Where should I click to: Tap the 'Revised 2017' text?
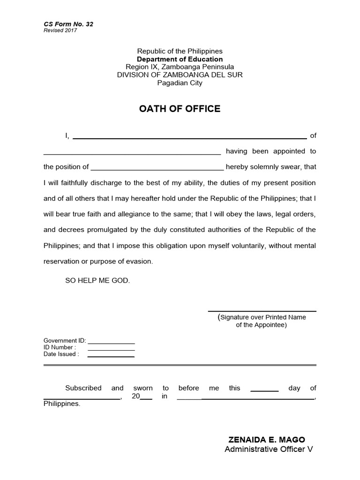tap(60, 30)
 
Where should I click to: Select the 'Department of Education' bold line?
tap(180, 59)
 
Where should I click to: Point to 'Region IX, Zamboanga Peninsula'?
tap(180, 67)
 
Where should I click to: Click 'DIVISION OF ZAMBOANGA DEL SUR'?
tap(180, 75)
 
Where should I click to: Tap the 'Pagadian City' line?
tap(180, 83)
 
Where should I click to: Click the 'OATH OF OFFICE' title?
tap(180, 109)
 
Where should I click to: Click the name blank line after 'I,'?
tap(190, 138)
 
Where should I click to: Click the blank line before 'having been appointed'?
tap(132, 154)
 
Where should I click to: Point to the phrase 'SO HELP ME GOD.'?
tap(97, 280)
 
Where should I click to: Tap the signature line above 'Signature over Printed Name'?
tap(262, 311)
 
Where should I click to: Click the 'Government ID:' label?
tap(65, 341)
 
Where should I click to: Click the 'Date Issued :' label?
tap(61, 354)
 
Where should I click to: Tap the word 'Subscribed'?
tap(83, 388)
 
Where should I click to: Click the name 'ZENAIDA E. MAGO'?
tap(266, 440)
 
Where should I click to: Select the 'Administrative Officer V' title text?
tap(268, 450)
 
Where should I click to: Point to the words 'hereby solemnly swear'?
tap(264, 167)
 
